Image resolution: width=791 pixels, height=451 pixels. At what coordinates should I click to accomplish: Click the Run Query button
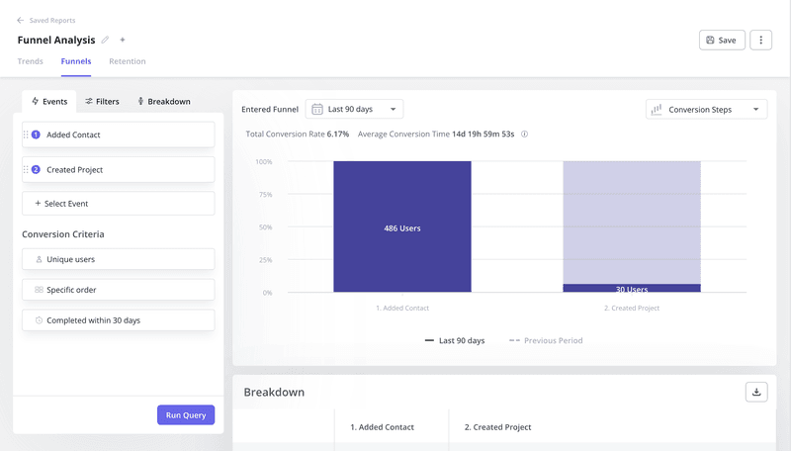click(x=186, y=414)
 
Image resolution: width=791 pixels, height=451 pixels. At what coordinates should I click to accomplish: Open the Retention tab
click(x=127, y=61)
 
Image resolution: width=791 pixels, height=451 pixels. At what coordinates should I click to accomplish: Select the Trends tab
click(x=30, y=61)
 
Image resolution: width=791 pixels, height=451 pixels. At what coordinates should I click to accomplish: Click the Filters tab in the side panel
click(x=102, y=101)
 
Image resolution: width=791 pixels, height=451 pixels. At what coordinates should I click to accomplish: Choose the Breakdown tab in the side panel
click(x=163, y=101)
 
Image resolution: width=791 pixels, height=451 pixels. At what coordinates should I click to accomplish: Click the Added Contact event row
click(x=118, y=135)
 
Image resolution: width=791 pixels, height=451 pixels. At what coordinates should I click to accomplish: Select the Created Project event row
click(x=118, y=169)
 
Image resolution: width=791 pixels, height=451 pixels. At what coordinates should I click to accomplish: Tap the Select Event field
click(x=118, y=203)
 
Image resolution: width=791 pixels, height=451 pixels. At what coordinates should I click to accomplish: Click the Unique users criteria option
click(x=118, y=259)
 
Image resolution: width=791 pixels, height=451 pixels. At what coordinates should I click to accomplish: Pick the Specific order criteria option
click(x=118, y=290)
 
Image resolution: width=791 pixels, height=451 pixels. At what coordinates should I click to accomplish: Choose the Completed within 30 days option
click(x=118, y=320)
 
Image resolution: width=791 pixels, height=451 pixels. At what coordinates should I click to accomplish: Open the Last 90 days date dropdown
click(x=354, y=109)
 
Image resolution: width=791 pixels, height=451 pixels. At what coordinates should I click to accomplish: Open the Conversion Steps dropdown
click(x=706, y=109)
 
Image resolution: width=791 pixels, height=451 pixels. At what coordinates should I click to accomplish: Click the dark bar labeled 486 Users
click(x=402, y=227)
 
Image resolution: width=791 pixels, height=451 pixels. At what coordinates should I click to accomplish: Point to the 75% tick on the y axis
click(x=264, y=195)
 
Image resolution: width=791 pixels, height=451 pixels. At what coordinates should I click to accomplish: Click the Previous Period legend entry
click(x=546, y=340)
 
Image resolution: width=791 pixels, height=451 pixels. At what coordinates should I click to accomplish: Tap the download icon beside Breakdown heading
click(x=756, y=392)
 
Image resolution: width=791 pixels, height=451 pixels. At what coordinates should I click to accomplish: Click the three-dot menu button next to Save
click(x=760, y=40)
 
